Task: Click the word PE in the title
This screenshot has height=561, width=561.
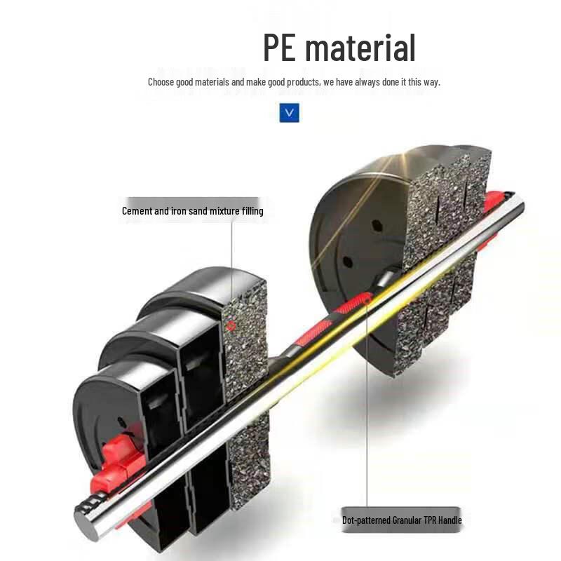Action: [x=279, y=47]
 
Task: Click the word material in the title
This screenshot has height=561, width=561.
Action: [x=360, y=47]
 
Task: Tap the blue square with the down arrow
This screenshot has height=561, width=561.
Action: [x=289, y=113]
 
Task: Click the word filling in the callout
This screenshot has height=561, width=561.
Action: [x=252, y=211]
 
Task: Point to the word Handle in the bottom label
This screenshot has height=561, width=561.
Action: [x=450, y=520]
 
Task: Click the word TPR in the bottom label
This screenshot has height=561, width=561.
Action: [x=430, y=520]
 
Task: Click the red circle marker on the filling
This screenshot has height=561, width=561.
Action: [x=231, y=325]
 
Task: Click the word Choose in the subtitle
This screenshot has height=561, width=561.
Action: [x=161, y=82]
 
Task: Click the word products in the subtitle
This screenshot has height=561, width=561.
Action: [x=304, y=82]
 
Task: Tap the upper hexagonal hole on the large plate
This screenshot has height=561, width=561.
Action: [x=377, y=226]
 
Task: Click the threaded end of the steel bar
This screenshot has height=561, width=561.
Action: [x=93, y=503]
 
